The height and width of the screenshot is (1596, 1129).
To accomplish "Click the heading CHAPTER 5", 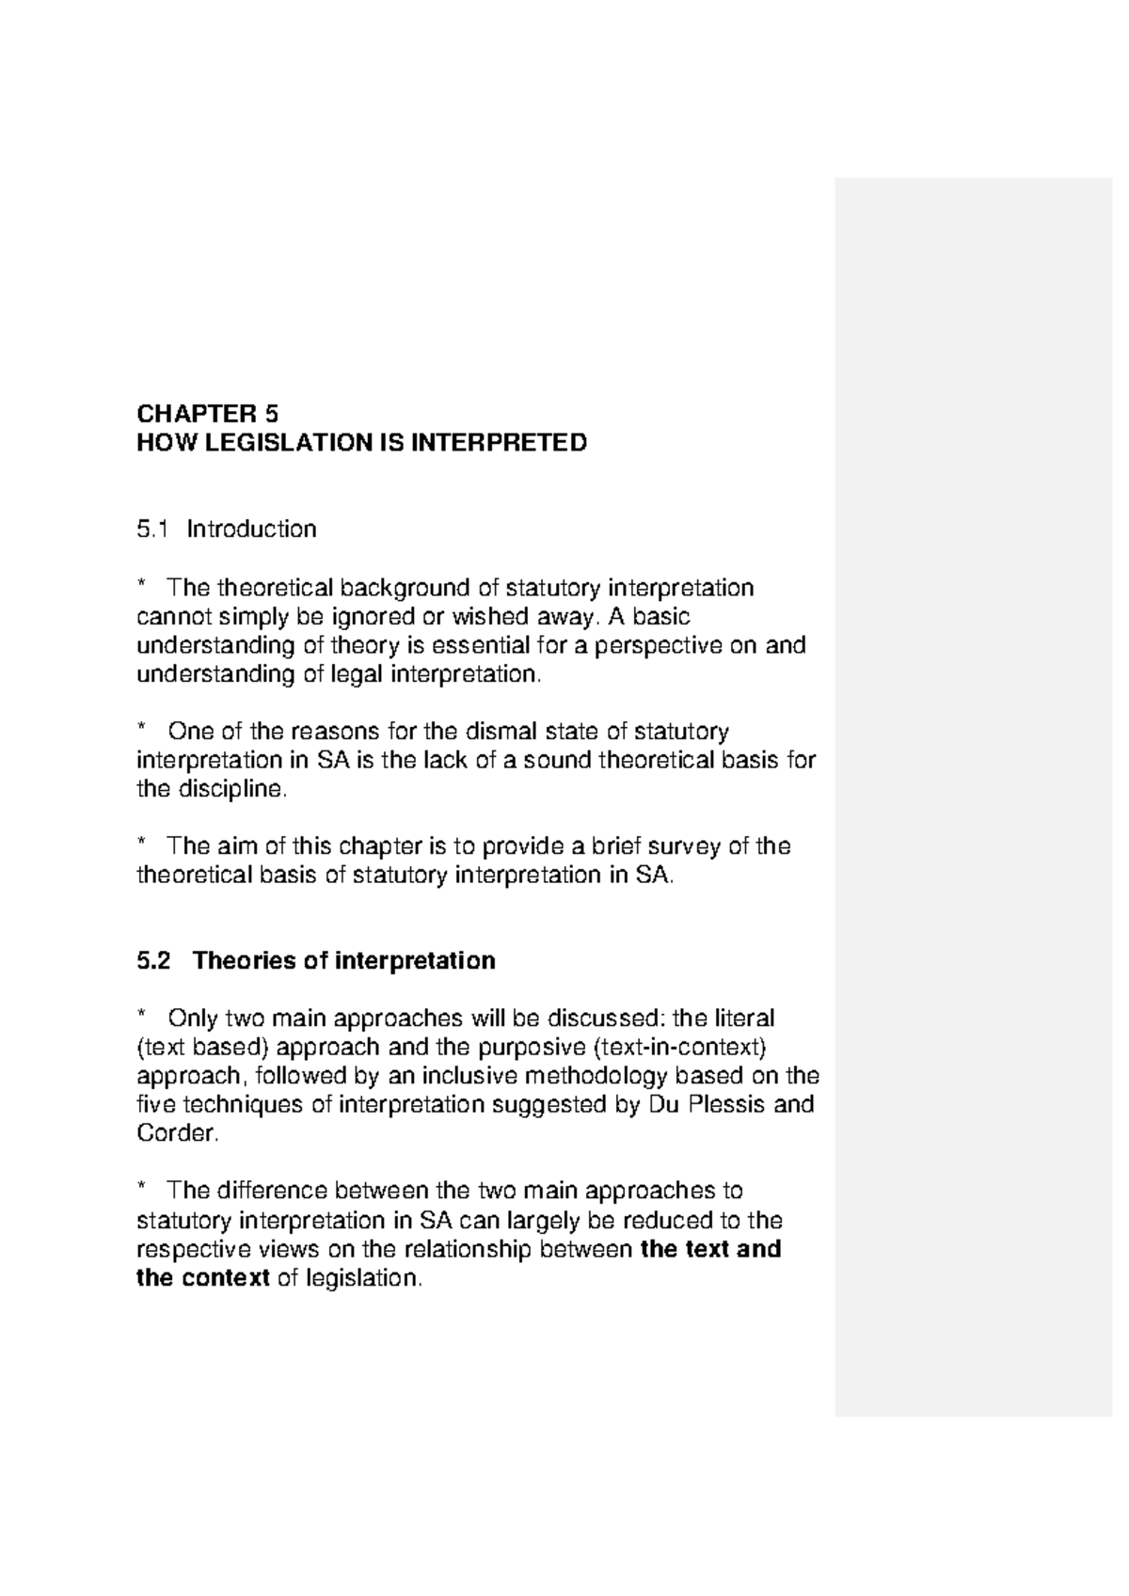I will pos(208,414).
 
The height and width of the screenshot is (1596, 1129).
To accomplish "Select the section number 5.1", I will pos(151,529).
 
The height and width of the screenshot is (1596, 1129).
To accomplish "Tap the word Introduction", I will pos(251,529).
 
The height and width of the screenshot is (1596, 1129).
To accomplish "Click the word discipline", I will pos(226,790).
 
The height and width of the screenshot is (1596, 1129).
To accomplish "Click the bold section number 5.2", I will pos(154,961).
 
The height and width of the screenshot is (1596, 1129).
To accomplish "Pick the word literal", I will pos(744,1019).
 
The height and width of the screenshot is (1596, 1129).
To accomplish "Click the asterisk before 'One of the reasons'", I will pos(142,729).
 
